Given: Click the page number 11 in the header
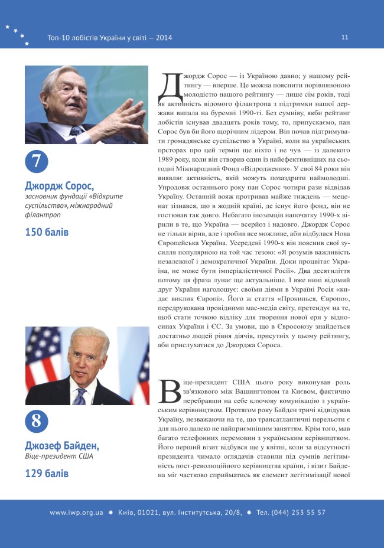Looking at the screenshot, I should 344,37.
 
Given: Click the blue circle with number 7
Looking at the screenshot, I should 36,161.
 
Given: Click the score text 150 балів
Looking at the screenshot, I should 47,232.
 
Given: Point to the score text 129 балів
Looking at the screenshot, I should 47,473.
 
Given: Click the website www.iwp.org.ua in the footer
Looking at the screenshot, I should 76,513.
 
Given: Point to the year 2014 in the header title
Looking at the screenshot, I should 164,38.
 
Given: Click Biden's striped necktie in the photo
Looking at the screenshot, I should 79,395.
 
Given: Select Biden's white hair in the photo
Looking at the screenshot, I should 86,339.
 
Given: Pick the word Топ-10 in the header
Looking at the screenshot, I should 60,38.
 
